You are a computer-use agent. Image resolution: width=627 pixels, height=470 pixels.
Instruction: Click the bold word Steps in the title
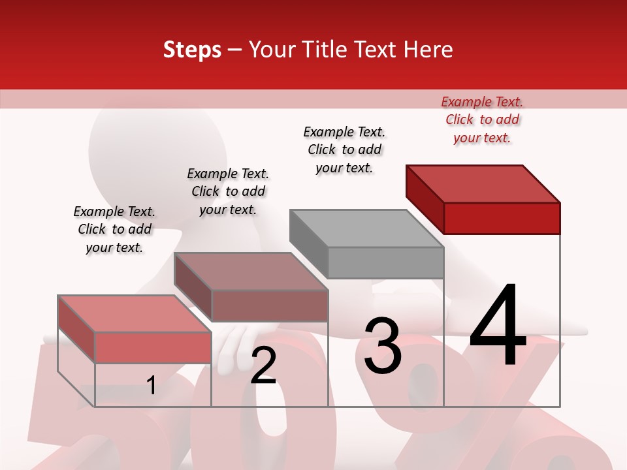[192, 50]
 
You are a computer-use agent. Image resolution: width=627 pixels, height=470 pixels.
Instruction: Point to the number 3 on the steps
[383, 345]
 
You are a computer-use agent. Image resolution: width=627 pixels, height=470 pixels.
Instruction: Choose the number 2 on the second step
[263, 366]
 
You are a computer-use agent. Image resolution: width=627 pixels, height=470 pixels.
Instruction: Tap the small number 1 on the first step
[152, 385]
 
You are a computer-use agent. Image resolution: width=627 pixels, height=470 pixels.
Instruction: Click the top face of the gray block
[366, 228]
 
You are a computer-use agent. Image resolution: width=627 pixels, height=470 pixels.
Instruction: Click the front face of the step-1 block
[153, 347]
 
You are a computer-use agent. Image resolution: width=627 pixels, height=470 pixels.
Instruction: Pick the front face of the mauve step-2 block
[270, 305]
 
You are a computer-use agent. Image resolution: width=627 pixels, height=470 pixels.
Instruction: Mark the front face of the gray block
[385, 263]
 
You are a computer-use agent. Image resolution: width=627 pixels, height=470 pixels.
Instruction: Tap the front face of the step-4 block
[502, 218]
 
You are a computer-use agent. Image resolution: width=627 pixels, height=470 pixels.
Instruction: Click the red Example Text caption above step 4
[482, 119]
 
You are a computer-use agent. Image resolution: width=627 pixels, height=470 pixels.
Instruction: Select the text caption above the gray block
[344, 149]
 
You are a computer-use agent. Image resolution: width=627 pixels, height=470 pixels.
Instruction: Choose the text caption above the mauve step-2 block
[228, 191]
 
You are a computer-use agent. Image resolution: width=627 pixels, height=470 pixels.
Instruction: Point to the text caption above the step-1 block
[114, 229]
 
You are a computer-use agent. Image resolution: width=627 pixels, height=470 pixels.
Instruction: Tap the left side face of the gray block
[308, 243]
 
